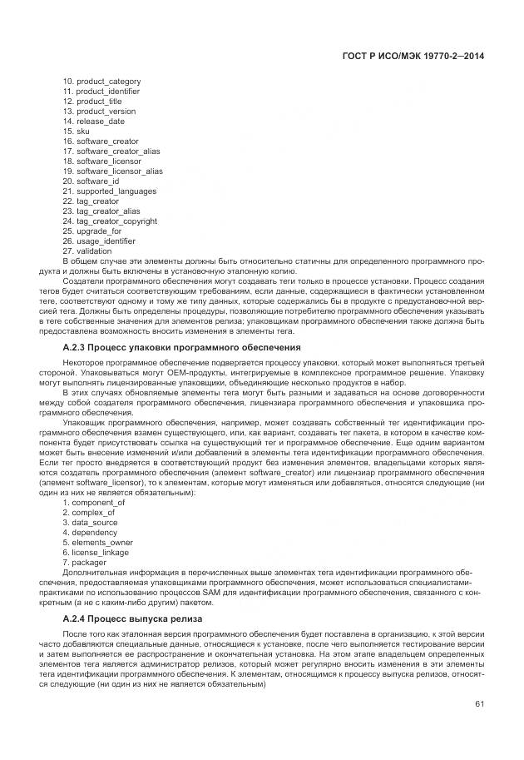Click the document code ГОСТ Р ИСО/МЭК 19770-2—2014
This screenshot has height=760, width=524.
(x=413, y=56)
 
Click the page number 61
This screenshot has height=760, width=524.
(x=479, y=704)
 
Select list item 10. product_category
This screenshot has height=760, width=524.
(x=101, y=81)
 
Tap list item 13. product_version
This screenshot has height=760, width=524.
(x=99, y=111)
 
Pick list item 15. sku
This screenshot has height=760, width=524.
(x=76, y=131)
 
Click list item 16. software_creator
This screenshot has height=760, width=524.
(x=101, y=142)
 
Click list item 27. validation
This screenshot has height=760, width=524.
(x=87, y=251)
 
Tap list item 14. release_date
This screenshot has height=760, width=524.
(x=94, y=121)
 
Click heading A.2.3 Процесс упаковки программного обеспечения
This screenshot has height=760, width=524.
(x=181, y=346)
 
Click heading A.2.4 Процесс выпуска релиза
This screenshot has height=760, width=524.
(x=131, y=619)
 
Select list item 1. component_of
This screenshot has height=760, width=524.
(x=94, y=502)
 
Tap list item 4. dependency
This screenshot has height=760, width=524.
(x=89, y=532)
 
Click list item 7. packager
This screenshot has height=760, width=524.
(x=84, y=562)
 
